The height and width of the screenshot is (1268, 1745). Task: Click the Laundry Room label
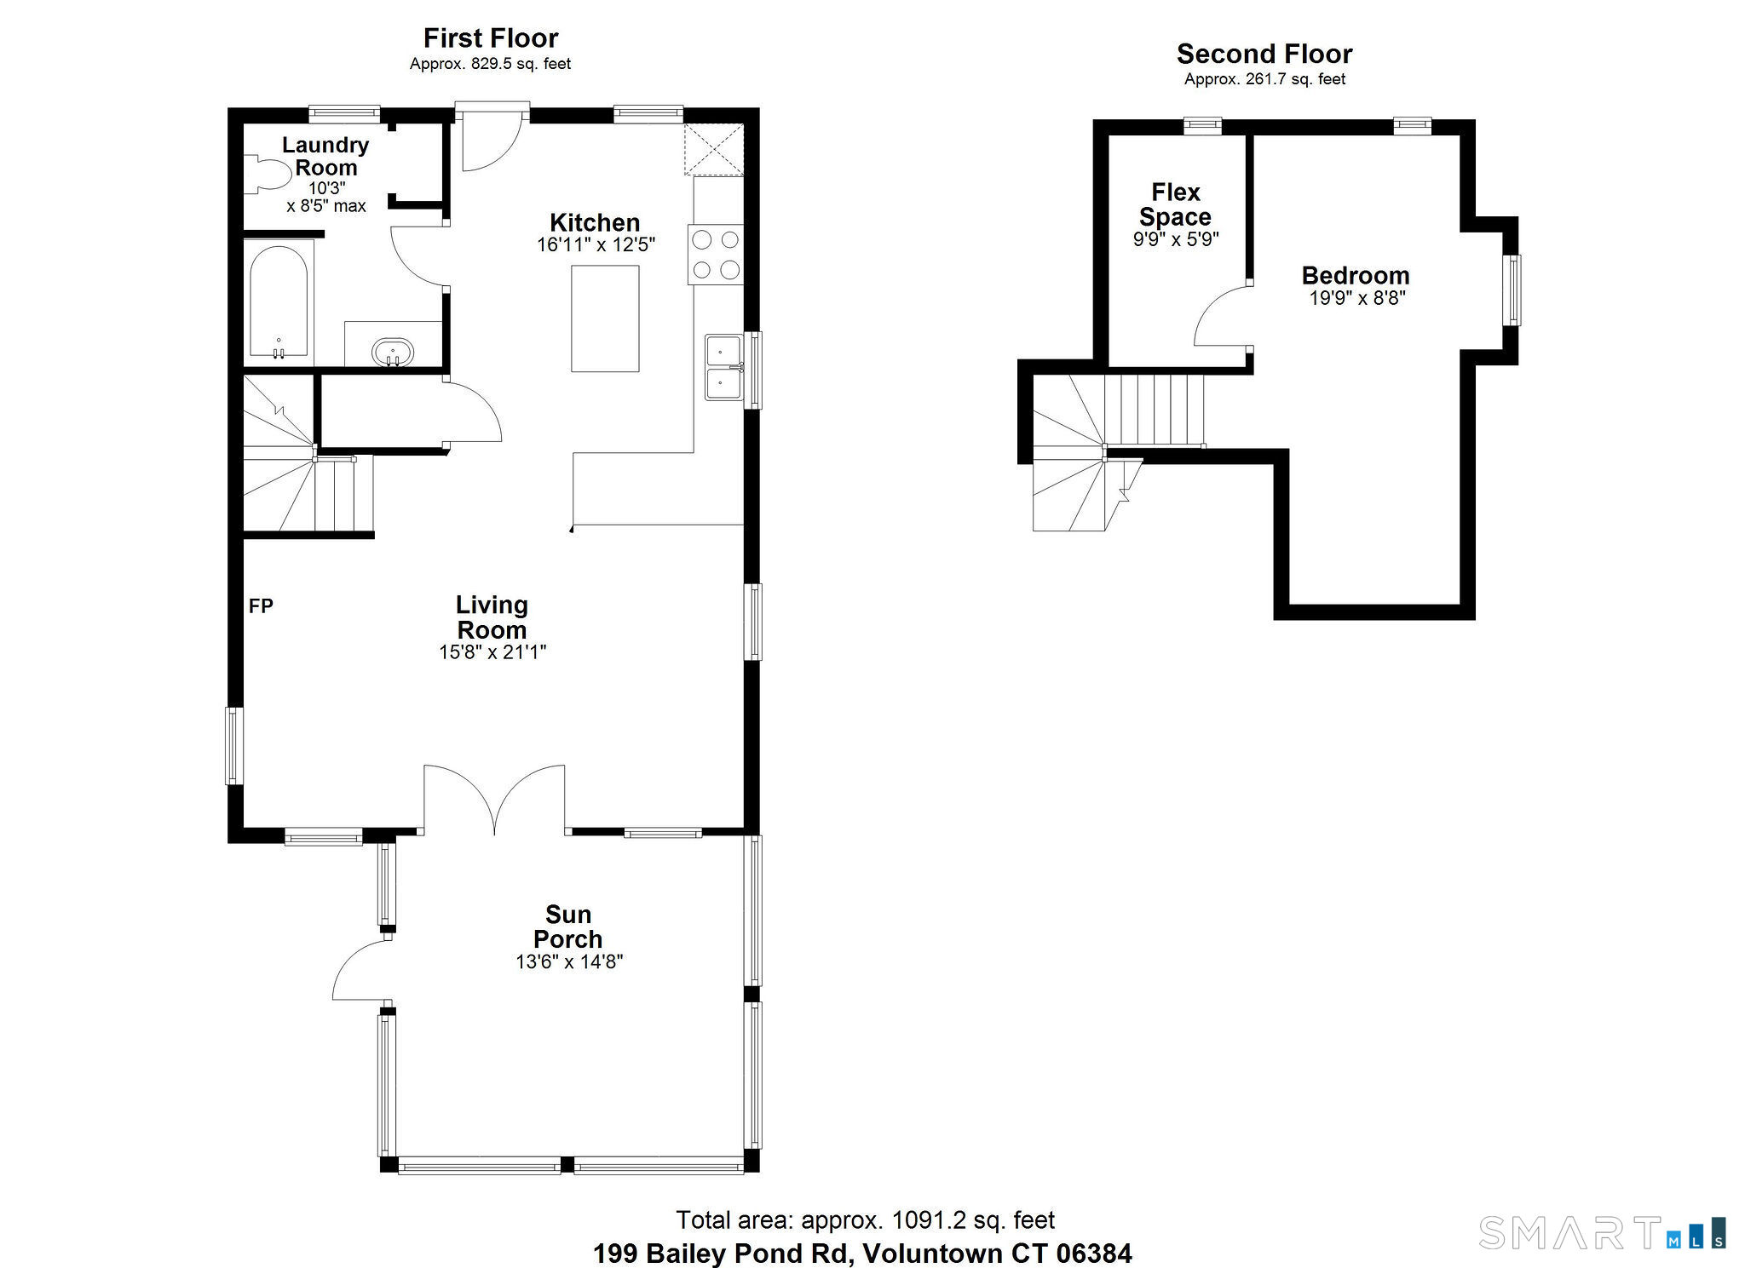tap(325, 156)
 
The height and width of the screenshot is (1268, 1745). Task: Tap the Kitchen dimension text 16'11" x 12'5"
tap(596, 245)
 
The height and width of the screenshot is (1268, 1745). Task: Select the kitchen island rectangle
tap(605, 318)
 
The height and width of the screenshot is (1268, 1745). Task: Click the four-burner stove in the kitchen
tap(716, 255)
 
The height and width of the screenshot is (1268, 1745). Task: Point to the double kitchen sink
tap(724, 367)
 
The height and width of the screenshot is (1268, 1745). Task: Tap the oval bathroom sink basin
tap(393, 351)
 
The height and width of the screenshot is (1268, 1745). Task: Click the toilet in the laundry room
tap(267, 174)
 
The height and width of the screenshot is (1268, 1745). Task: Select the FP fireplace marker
tap(261, 605)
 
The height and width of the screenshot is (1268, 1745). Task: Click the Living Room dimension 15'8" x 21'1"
tap(492, 652)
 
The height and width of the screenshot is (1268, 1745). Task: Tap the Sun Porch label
tap(568, 927)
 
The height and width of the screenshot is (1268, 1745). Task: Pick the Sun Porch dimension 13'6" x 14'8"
tap(569, 961)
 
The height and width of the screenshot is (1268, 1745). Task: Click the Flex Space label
tap(1176, 204)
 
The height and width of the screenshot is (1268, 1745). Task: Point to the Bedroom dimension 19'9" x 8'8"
tap(1357, 298)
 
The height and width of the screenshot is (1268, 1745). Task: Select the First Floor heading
tap(491, 38)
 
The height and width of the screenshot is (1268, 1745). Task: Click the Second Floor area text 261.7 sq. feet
tap(1291, 79)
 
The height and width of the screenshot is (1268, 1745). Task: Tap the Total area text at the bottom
tap(866, 1220)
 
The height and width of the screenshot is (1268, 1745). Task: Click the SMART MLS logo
tap(1603, 1232)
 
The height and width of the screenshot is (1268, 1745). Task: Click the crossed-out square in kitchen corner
tap(714, 150)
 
